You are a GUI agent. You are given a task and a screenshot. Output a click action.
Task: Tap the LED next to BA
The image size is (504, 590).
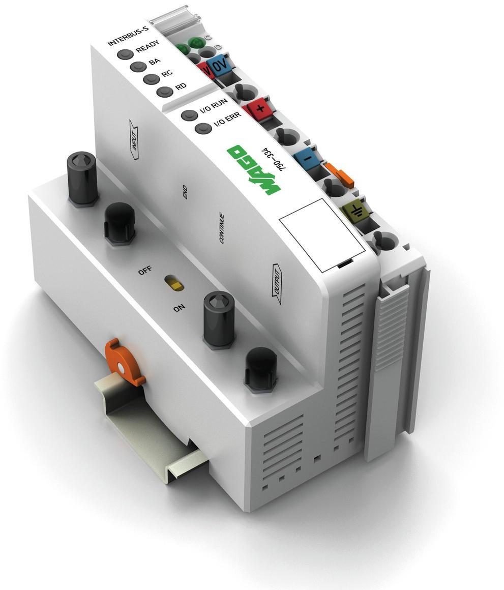pos(138,67)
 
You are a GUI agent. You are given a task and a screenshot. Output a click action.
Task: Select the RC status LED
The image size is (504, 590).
pos(151,80)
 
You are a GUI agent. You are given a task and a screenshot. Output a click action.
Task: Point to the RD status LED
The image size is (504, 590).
pos(163,92)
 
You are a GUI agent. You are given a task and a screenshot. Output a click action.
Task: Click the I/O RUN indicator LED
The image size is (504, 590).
pos(189,115)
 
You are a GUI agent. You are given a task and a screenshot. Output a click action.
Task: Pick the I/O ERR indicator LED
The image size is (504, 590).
pos(203,128)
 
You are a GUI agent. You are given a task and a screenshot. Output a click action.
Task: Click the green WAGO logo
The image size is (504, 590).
pos(253,169)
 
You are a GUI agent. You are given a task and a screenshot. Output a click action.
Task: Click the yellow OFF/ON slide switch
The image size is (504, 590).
pos(176,284)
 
